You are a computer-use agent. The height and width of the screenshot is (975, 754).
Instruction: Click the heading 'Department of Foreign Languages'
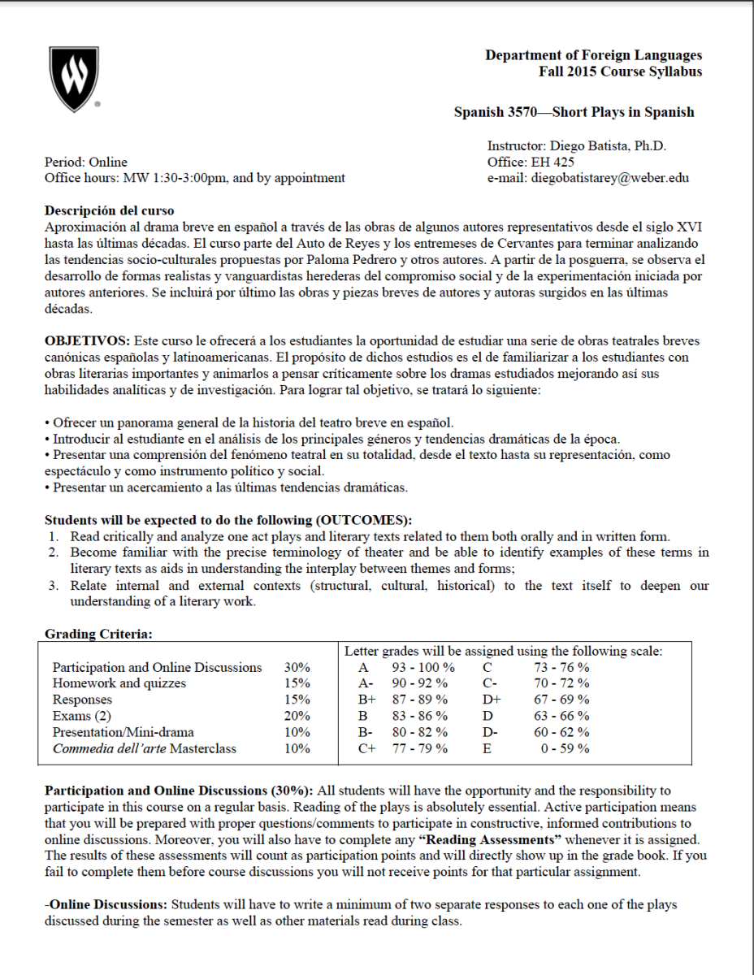[x=593, y=55]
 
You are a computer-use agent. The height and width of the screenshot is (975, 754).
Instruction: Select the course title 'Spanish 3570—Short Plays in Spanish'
[x=574, y=112]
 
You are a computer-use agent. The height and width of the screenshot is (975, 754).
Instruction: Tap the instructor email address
[x=609, y=178]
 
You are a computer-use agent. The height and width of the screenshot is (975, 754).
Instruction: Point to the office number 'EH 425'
[x=553, y=162]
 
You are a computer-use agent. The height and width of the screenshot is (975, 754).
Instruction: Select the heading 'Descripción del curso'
[x=109, y=210]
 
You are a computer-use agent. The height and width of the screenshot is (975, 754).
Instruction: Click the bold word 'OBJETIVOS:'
[x=87, y=340]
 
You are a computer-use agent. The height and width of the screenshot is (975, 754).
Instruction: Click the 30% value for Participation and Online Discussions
[x=297, y=667]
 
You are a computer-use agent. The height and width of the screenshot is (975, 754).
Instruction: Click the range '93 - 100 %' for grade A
[x=418, y=667]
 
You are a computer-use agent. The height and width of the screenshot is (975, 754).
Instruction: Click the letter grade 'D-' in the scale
[x=490, y=732]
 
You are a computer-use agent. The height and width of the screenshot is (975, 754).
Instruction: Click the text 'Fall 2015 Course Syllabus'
[x=620, y=71]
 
